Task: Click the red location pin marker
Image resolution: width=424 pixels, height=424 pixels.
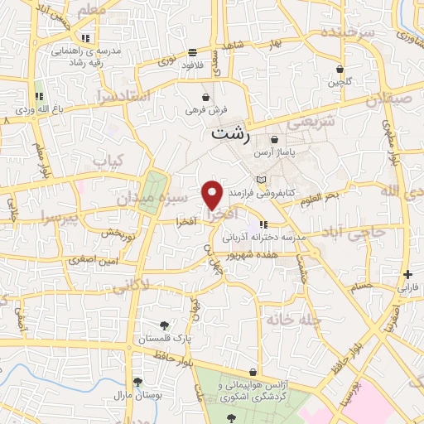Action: point(213,195)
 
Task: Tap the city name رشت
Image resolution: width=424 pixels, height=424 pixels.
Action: point(229,132)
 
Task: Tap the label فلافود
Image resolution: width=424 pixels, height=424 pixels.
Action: point(192,64)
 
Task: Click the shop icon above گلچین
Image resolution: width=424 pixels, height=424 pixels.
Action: point(340,69)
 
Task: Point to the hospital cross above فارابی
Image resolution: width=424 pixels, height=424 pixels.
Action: point(407,275)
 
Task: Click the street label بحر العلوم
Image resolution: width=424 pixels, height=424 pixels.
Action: point(319,196)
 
